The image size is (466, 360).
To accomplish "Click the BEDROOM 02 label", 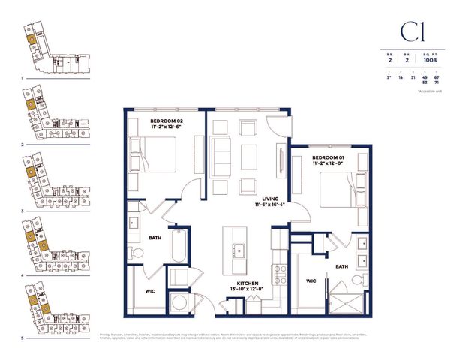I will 167,120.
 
